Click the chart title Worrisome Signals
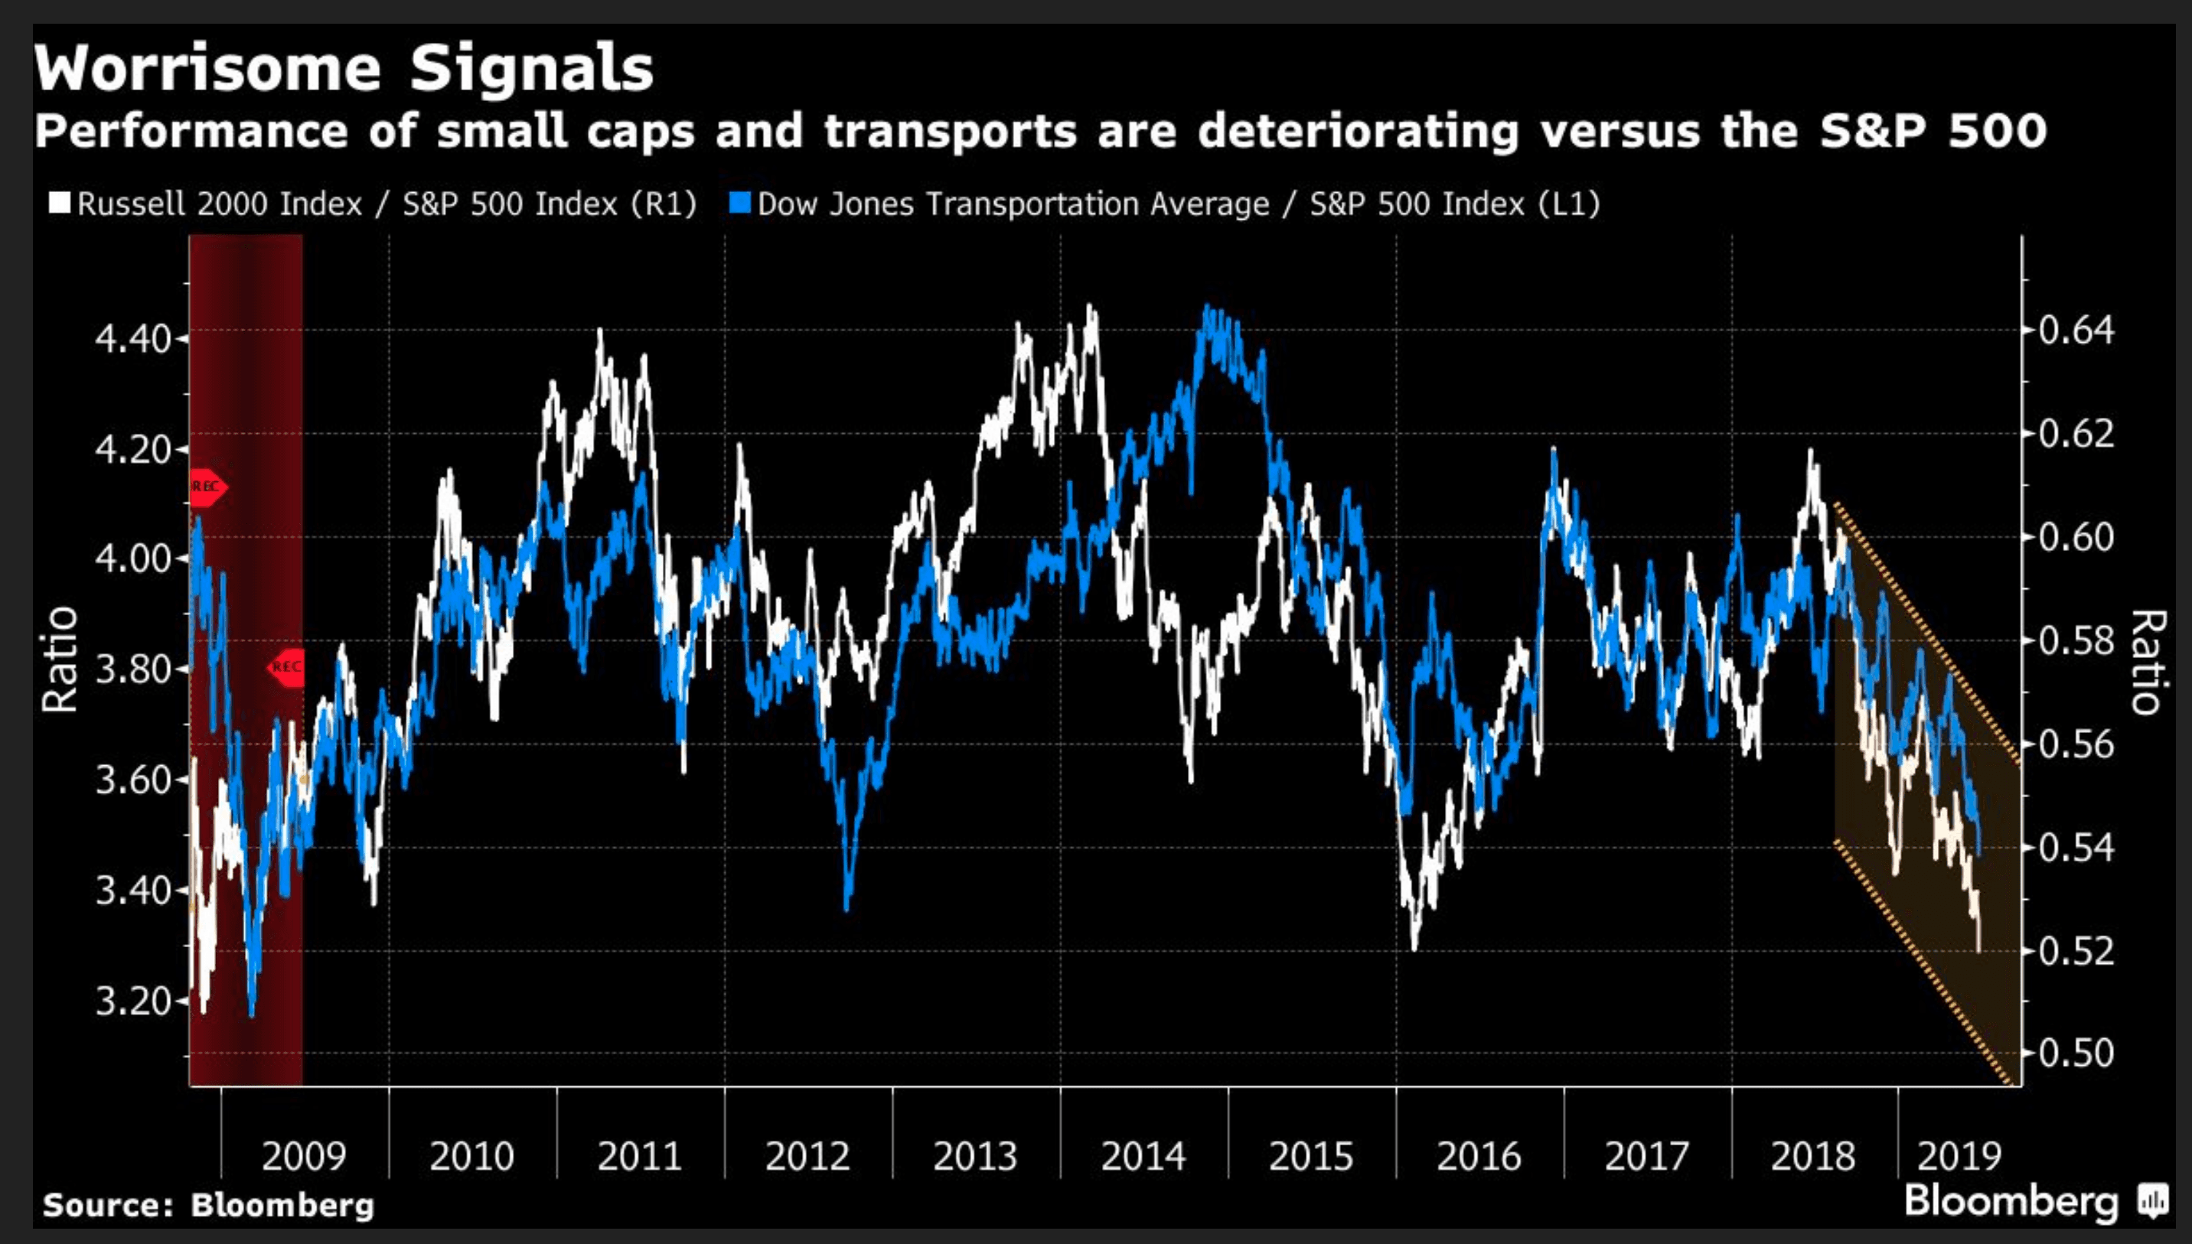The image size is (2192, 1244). pos(344,68)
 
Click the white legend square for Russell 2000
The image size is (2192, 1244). pos(60,204)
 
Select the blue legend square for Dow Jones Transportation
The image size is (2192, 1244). pos(741,204)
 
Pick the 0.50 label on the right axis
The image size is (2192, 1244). pos(2076,1053)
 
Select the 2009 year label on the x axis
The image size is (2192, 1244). pos(303,1156)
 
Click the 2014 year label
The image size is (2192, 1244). pos(1143,1156)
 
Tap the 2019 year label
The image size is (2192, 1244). pos(1959,1156)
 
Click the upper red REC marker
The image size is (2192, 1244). pos(207,487)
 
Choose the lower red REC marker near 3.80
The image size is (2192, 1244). pos(286,666)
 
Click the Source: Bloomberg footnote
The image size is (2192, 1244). pos(208,1205)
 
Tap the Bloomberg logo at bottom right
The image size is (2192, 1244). pos(2034,1200)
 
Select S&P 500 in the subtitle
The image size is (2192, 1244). pos(1933,131)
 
